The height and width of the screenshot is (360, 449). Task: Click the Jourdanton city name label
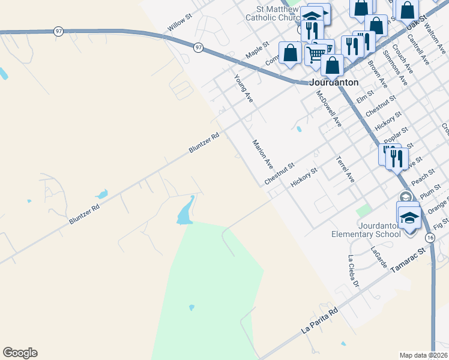point(334,83)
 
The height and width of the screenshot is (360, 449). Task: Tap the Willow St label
point(179,25)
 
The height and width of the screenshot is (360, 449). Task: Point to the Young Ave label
point(244,88)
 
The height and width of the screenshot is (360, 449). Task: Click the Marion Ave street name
point(263,154)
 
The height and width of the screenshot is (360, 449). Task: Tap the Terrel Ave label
point(346,169)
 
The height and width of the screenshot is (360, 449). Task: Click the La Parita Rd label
point(320,322)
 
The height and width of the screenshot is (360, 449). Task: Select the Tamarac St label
point(408,261)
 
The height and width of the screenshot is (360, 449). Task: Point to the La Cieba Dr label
point(353,270)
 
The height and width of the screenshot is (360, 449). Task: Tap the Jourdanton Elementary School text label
point(366,230)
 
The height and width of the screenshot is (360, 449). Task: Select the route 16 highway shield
point(430,238)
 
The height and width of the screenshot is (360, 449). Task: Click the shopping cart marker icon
point(316,54)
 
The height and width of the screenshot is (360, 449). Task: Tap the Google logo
point(20,353)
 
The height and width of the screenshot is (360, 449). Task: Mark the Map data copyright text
point(424,355)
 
